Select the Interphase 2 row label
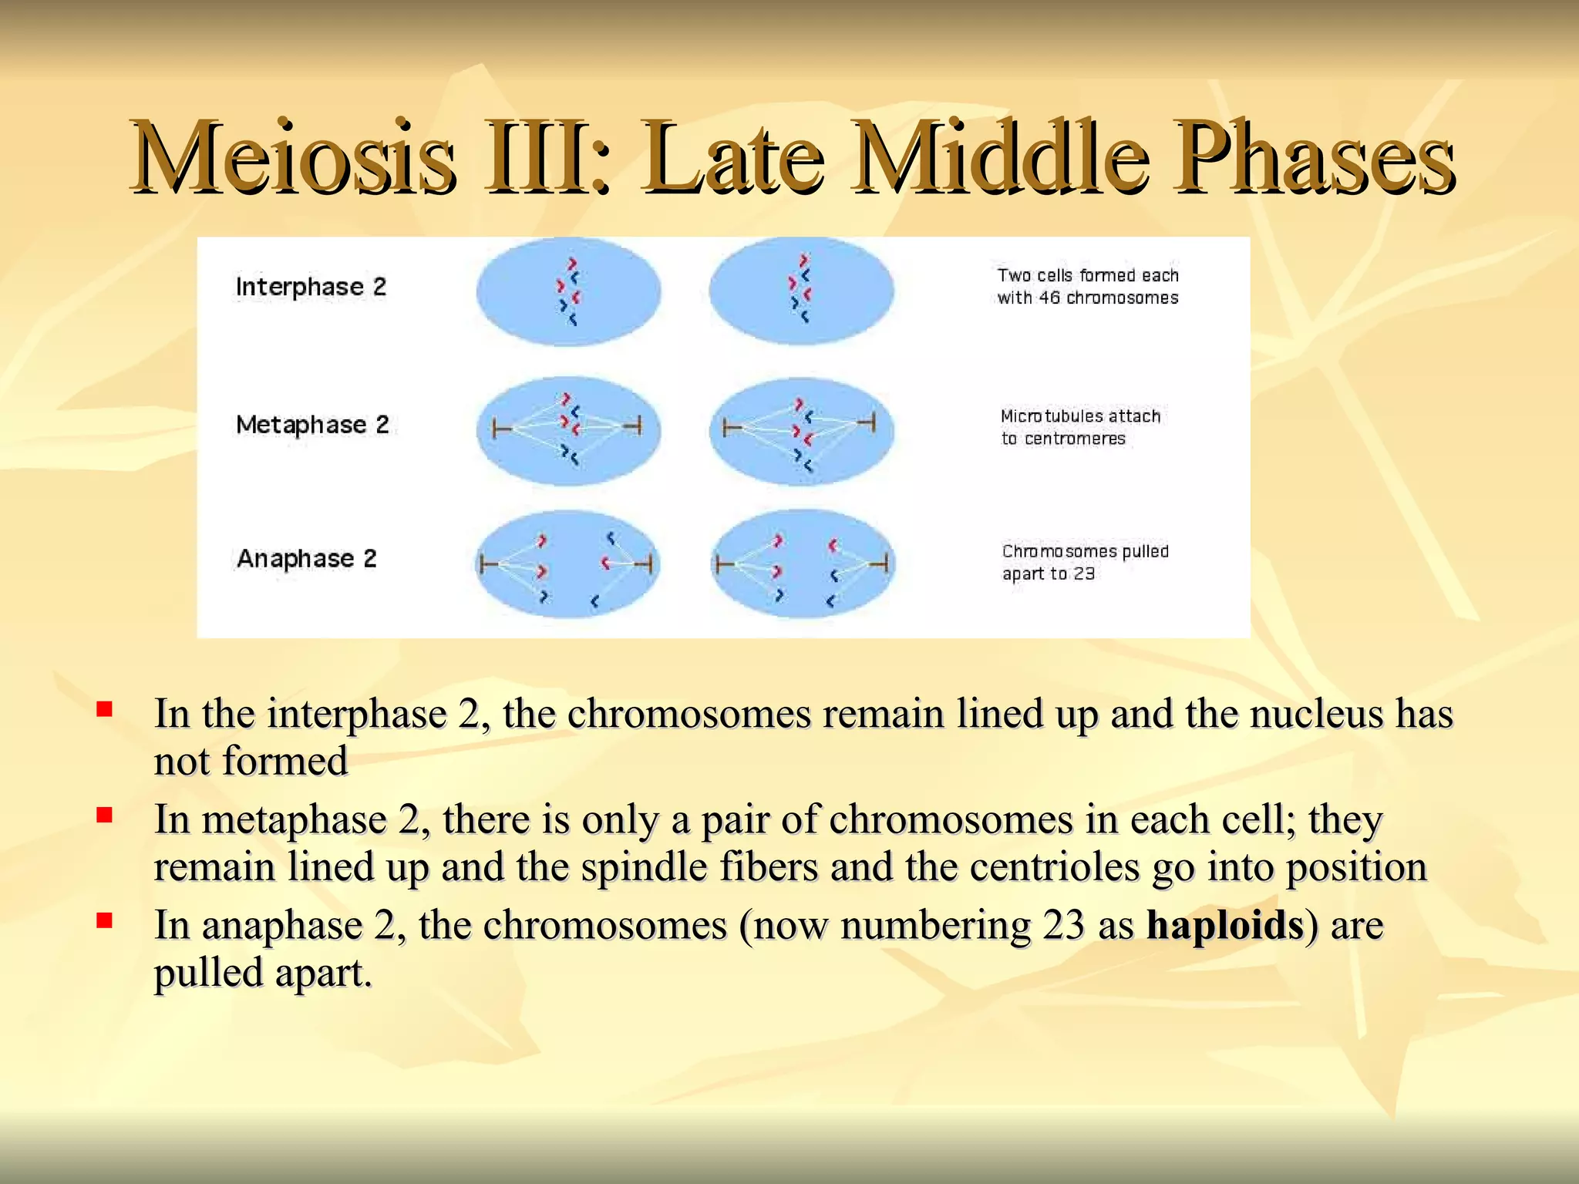[x=311, y=287]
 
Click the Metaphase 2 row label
[x=312, y=425]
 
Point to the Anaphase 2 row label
[x=306, y=558]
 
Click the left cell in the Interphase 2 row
[x=568, y=291]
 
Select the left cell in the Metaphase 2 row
[x=568, y=431]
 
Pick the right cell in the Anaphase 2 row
[x=802, y=564]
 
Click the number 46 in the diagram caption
[x=1049, y=298]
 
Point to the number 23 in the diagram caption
[x=1084, y=573]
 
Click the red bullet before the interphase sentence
[x=105, y=708]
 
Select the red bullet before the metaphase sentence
[x=105, y=814]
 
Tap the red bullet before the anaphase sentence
[x=105, y=920]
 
